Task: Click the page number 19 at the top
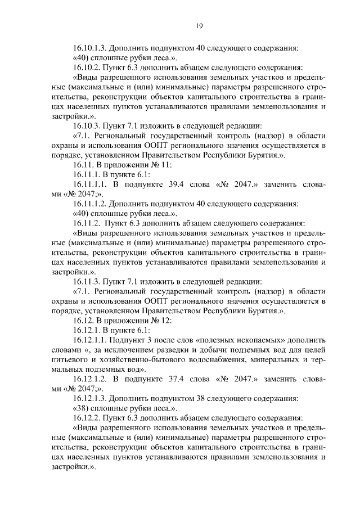tap(199, 25)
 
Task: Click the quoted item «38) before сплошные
tap(82, 408)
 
